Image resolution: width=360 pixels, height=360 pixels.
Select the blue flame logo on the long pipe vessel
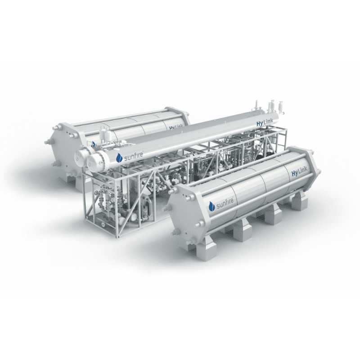(119, 158)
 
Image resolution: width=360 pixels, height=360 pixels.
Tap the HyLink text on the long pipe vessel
(265, 122)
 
